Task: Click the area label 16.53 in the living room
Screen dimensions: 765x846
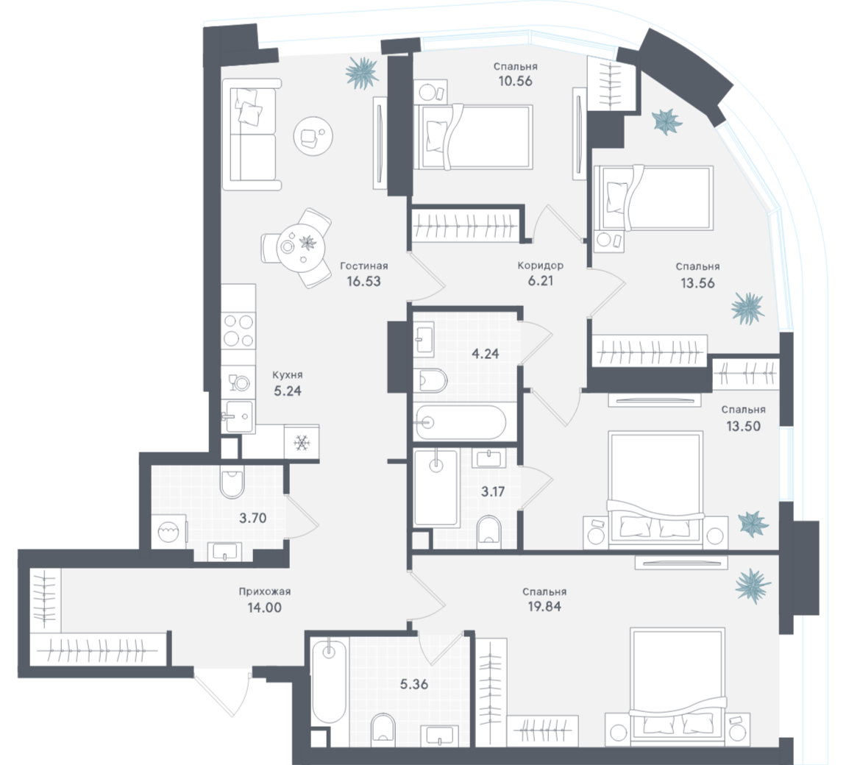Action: click(363, 280)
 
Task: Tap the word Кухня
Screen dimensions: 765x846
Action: click(288, 374)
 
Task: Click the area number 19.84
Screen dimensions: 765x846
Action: click(544, 607)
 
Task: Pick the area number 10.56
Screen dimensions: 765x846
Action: click(515, 81)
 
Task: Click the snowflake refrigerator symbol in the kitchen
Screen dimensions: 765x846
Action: click(302, 443)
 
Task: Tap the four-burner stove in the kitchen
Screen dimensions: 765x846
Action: click(239, 330)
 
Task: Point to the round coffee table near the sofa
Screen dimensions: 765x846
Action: click(309, 135)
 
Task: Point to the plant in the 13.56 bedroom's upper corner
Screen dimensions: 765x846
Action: click(668, 121)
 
